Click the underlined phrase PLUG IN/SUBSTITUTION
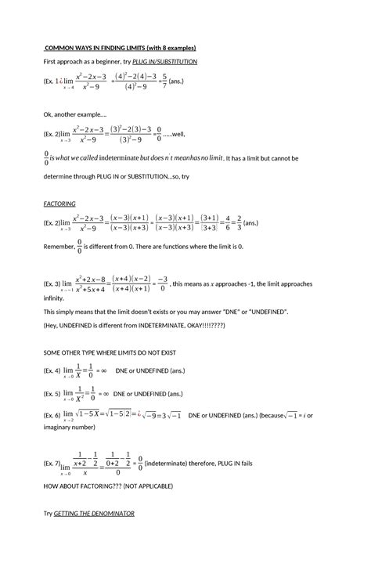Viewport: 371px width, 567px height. tap(165, 61)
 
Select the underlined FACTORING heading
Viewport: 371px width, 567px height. tap(59, 203)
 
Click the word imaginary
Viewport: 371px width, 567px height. tap(61, 427)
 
